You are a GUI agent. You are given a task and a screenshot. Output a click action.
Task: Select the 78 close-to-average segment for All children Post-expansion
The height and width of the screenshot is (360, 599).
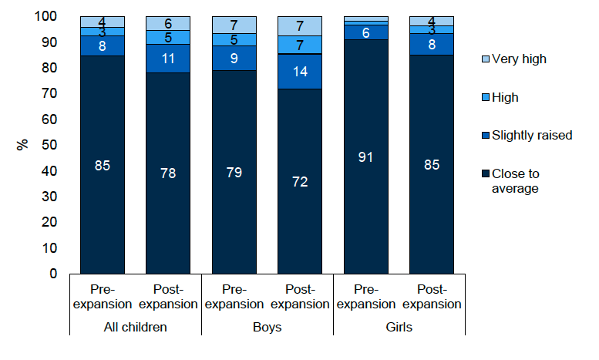(x=168, y=173)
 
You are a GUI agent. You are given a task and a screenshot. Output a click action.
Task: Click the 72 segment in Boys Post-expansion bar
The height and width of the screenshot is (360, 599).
(x=300, y=181)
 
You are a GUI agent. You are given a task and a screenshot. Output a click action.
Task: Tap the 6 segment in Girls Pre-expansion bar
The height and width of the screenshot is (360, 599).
(x=365, y=32)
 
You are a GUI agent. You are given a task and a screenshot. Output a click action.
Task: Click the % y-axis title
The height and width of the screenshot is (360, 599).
(x=22, y=145)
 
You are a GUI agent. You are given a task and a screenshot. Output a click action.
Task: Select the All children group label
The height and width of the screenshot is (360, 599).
(x=136, y=327)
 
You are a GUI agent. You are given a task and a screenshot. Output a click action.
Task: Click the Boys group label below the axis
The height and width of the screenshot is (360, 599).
(x=267, y=327)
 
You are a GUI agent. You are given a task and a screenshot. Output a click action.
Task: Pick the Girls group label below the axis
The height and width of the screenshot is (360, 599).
(x=399, y=327)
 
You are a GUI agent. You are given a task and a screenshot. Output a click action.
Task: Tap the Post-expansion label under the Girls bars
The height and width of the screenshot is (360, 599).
(x=432, y=297)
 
